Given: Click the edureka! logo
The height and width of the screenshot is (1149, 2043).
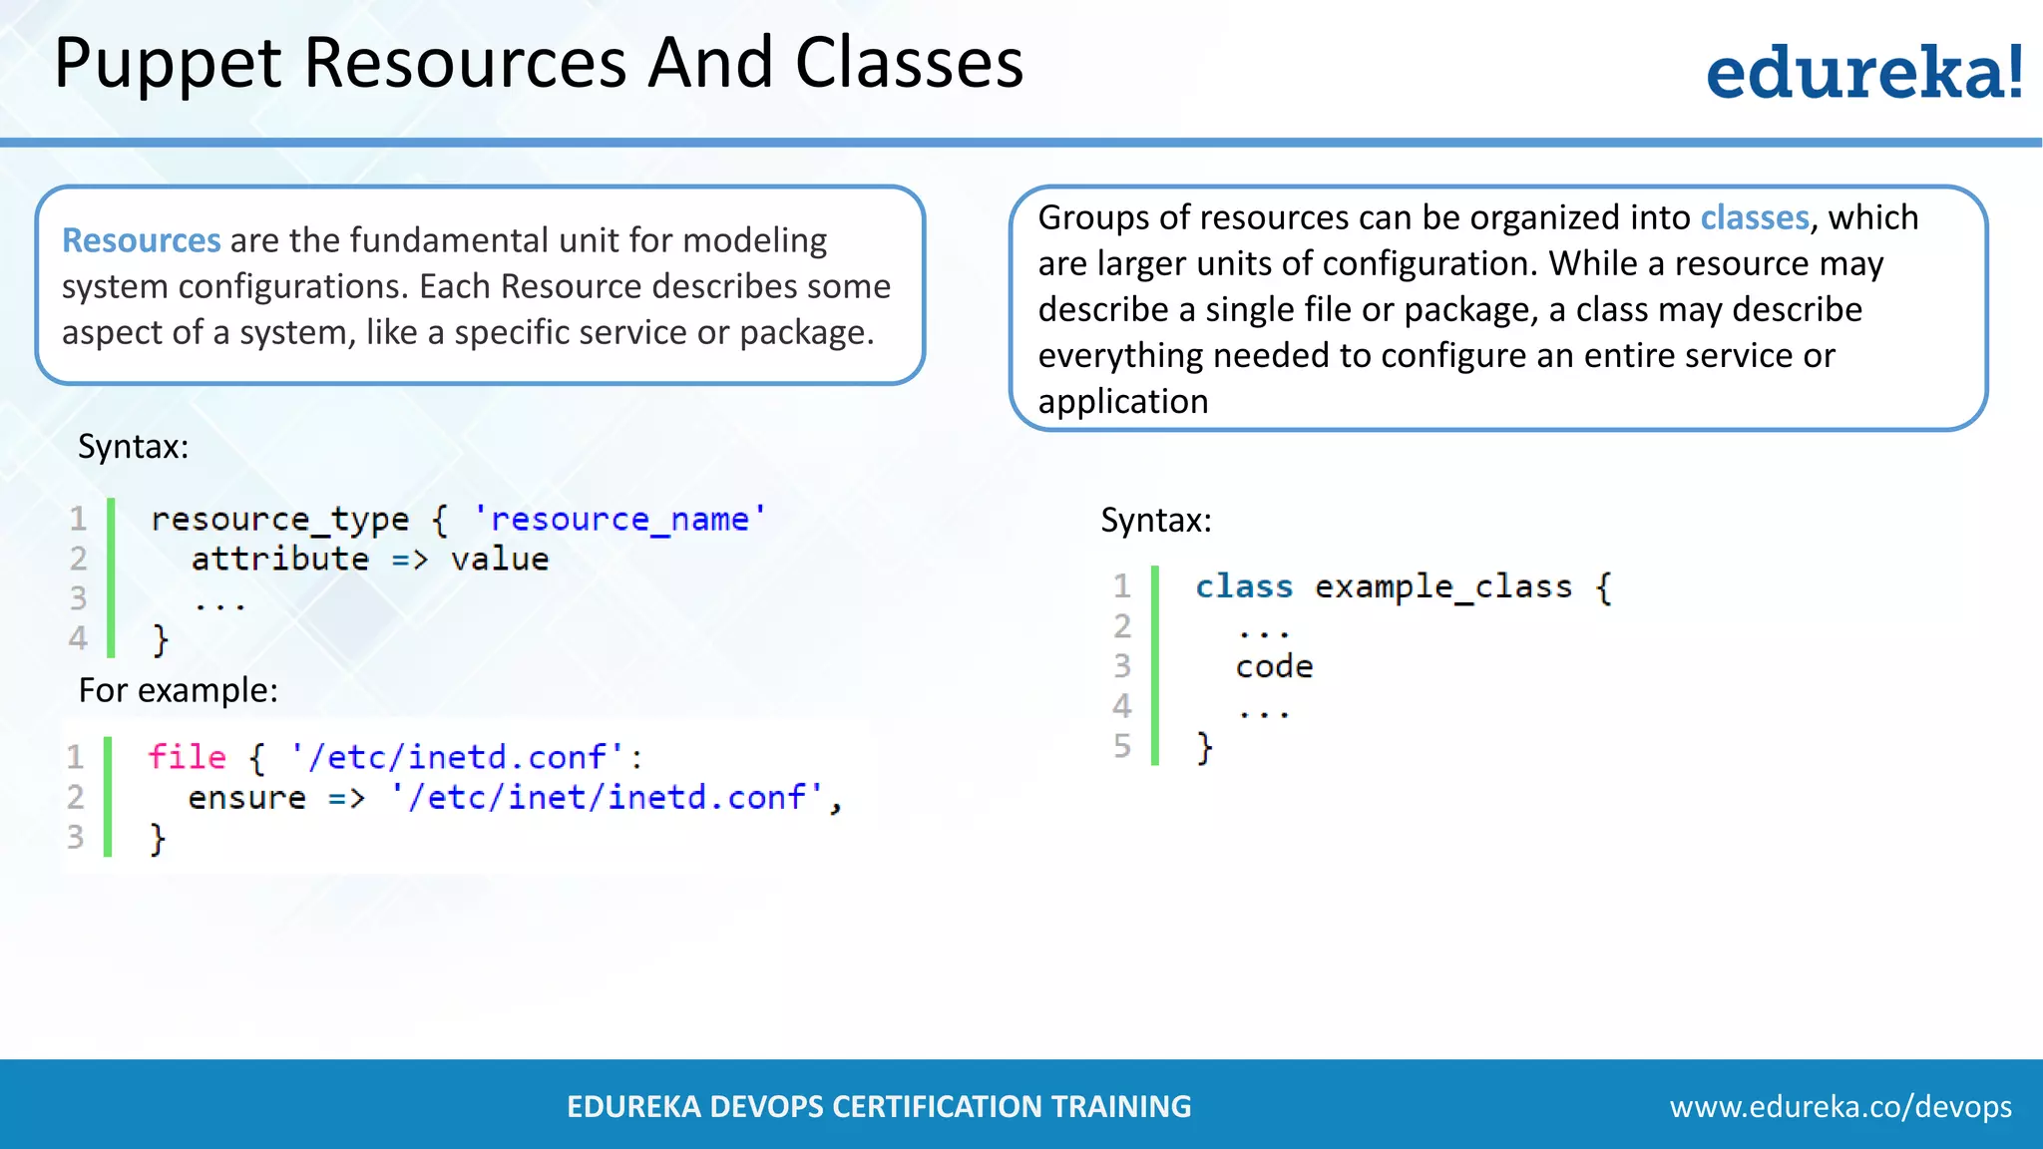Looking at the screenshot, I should point(1863,72).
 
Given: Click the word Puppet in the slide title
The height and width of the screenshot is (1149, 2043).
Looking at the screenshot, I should point(168,64).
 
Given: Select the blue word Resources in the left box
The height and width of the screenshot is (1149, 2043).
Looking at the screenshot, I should point(141,240).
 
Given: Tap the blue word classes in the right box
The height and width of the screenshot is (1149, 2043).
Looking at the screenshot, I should point(1754,217).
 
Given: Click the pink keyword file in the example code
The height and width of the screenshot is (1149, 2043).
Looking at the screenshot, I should point(187,757).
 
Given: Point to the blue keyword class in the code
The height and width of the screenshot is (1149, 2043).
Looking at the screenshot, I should point(1243,586).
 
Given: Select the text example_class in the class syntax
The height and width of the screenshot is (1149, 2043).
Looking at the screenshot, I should point(1442,586).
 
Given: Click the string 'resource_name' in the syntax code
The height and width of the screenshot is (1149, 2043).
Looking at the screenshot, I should point(619,519).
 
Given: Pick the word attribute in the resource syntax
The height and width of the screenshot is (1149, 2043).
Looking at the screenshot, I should point(279,559).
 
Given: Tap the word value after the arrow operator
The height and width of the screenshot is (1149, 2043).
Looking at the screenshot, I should point(499,559).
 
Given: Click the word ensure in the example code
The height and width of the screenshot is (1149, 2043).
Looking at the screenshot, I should point(246,797).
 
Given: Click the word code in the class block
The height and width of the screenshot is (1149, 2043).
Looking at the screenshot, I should point(1274,666).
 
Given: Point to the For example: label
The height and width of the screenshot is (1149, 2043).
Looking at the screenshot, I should point(178,690).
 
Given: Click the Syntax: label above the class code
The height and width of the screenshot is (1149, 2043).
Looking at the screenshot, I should point(1155,520).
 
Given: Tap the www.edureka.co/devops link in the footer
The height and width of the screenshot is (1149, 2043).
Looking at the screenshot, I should point(1839,1106).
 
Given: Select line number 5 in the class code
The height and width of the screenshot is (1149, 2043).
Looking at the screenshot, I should point(1122,746).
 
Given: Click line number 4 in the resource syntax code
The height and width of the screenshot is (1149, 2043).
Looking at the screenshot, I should point(78,637).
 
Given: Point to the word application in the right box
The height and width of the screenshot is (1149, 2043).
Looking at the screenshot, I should point(1122,401).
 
